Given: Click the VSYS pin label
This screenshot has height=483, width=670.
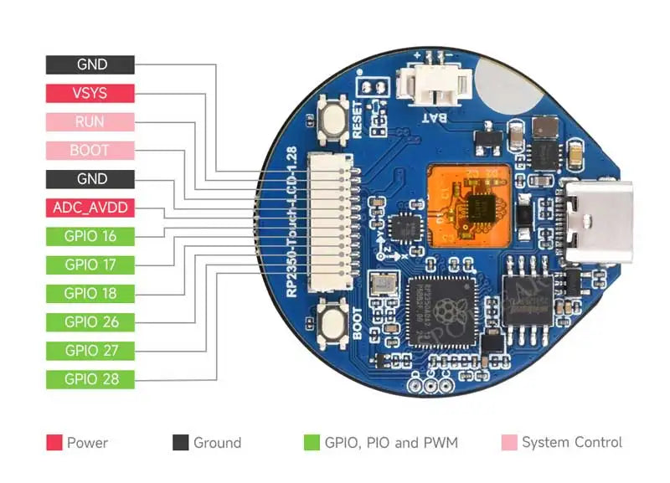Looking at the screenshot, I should coord(90,93).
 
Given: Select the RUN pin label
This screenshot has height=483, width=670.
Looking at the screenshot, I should coord(90,121).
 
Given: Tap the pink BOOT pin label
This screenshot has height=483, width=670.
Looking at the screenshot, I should coord(90,151).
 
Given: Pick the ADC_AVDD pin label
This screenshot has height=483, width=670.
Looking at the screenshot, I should coord(90,208).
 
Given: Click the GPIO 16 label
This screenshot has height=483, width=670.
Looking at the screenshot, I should coord(90,236).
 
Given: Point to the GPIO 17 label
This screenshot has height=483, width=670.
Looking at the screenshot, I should coord(90,265).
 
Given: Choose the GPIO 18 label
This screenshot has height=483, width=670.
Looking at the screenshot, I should coord(90,293).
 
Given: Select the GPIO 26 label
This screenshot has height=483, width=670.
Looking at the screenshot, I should coord(90,321).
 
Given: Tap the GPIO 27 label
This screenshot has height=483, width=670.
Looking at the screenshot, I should coord(90,350).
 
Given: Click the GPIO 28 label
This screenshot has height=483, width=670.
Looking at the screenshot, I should coord(90,378).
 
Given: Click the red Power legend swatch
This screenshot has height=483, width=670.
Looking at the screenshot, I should coord(54,443).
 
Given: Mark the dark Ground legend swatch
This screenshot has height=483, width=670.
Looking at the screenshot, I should coord(180,443).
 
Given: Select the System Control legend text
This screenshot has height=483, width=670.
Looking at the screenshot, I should coord(571,443).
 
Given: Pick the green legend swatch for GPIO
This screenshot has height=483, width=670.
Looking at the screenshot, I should coord(312,443).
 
